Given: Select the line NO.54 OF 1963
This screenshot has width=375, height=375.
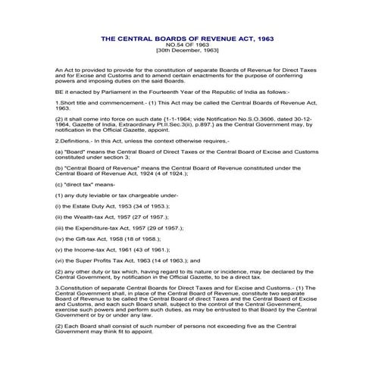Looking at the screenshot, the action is tap(186, 44).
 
